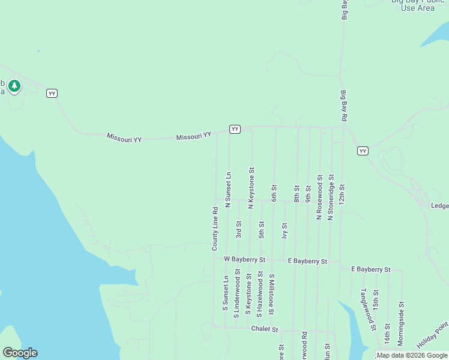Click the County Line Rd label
point(215,229)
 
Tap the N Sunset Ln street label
point(228,190)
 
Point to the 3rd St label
point(238,229)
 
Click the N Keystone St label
point(252,188)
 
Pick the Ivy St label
point(285,230)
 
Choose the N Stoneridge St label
point(330,197)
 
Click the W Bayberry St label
point(244,259)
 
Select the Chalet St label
point(265,329)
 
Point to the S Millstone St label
point(271,295)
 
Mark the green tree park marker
point(14,86)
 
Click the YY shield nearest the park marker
point(52,93)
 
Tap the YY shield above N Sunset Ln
point(235,129)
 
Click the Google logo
point(20,353)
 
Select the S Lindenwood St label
point(237,293)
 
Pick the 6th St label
point(274,193)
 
